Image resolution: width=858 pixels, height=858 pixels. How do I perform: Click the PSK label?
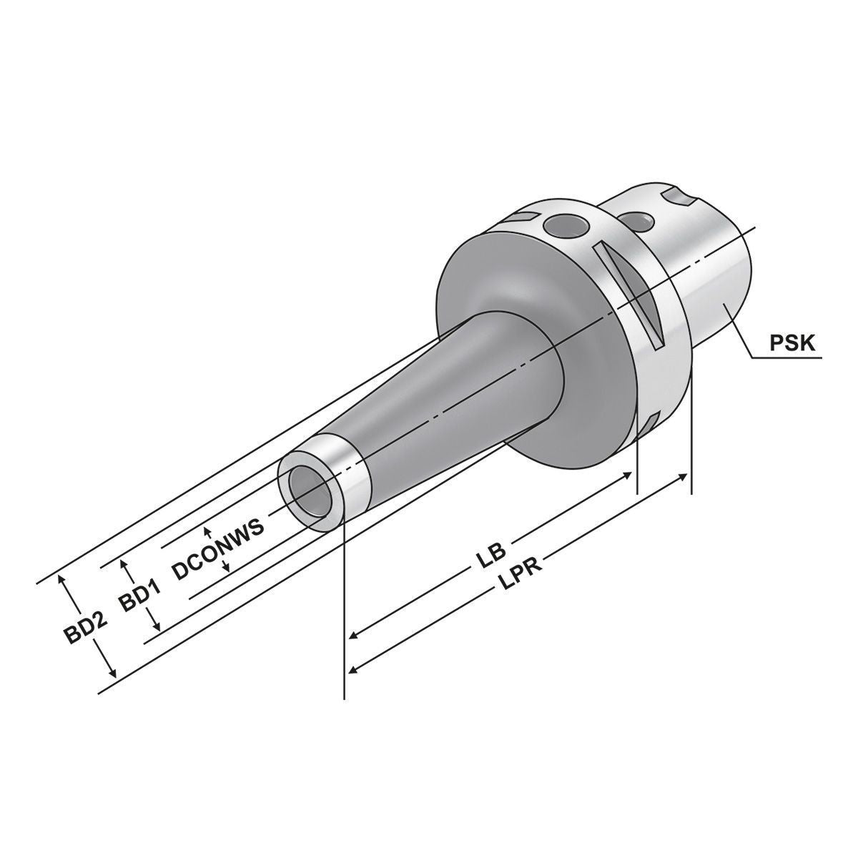point(792,342)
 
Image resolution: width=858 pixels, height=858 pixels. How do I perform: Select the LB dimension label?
point(492,556)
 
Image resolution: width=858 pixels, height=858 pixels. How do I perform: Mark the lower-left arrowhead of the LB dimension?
point(353,635)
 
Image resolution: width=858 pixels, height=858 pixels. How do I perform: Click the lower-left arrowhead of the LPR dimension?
point(353,669)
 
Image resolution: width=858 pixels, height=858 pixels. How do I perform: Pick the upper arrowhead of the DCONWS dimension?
point(207,530)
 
